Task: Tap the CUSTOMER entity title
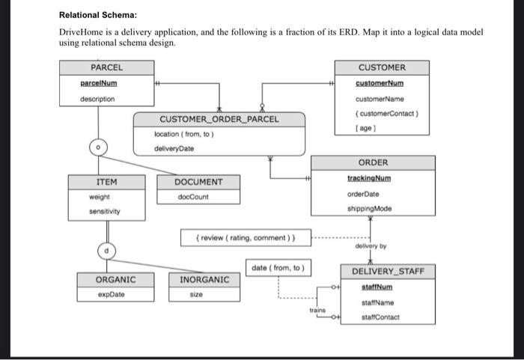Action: [x=382, y=67]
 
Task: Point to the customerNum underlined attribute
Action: [x=382, y=83]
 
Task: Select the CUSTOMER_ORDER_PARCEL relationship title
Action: [x=219, y=119]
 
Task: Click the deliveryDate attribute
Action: [x=174, y=148]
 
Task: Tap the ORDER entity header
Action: [x=373, y=162]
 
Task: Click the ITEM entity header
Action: [x=106, y=182]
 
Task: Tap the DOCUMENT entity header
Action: [x=198, y=182]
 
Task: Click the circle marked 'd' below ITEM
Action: [x=106, y=248]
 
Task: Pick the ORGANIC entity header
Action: [x=115, y=279]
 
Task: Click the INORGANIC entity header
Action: [x=204, y=279]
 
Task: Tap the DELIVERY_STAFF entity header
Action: [x=388, y=270]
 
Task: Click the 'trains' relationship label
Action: [x=317, y=309]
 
